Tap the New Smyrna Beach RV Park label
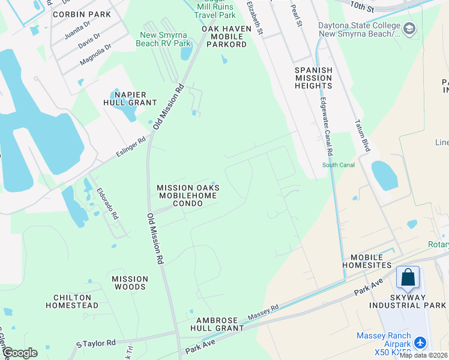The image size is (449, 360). (165, 39)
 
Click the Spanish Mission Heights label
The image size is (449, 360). (313, 78)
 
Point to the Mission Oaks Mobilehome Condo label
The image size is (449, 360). (188, 196)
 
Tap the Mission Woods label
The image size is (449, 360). (130, 283)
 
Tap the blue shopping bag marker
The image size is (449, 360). (408, 277)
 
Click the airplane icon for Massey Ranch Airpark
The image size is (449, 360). (420, 343)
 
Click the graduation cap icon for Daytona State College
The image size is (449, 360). (409, 28)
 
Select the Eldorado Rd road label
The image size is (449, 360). (107, 205)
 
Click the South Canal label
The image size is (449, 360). (338, 165)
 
